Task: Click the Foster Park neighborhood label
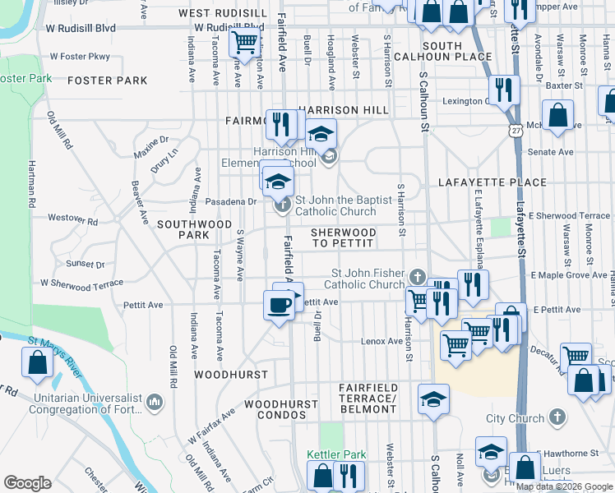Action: (x=108, y=81)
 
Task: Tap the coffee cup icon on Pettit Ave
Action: (x=279, y=305)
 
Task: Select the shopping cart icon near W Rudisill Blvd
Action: (x=244, y=41)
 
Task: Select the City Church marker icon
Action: (x=559, y=417)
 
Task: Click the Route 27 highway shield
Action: (x=516, y=130)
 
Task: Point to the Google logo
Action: (x=27, y=483)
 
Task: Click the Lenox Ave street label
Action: (x=383, y=341)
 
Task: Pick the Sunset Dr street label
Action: (x=86, y=264)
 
